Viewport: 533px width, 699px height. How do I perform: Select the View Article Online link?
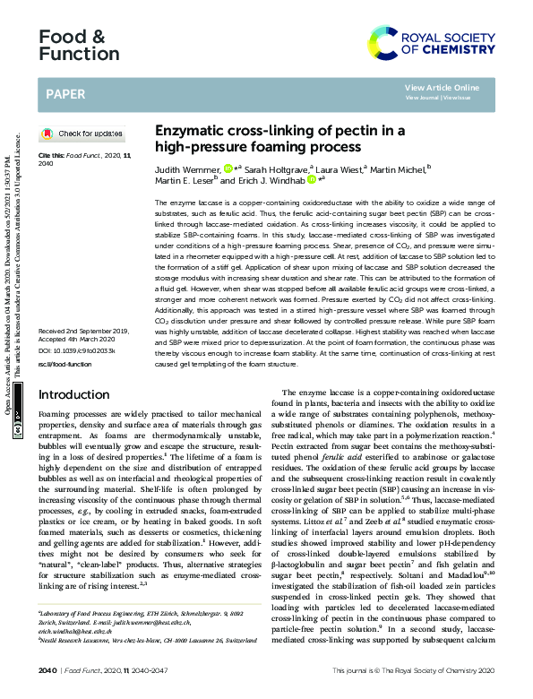point(442,87)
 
